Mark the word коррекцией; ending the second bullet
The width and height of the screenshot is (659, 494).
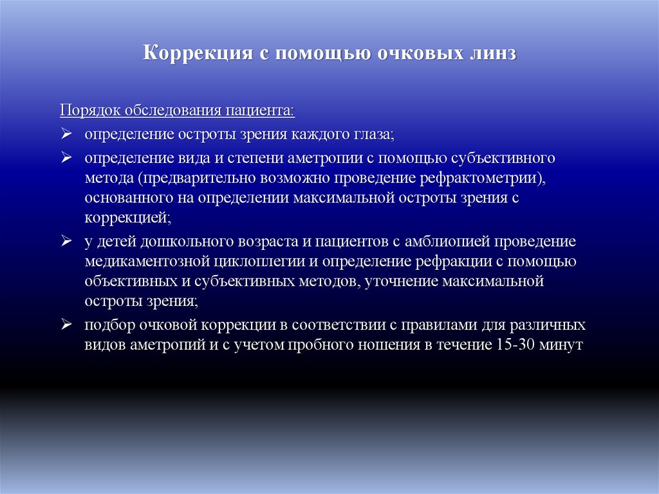pyautogui.click(x=127, y=218)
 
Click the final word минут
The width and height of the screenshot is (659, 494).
pyautogui.click(x=562, y=345)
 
